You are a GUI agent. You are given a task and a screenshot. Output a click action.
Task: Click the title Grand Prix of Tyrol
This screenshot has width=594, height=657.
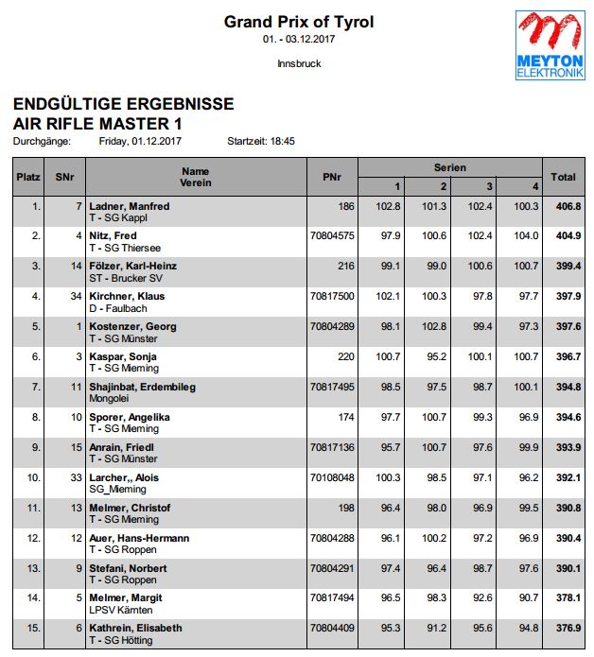[298, 22]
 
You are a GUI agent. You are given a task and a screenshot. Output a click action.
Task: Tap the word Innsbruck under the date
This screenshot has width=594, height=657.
[299, 63]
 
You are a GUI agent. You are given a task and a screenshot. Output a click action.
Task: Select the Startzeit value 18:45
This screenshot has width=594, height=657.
[282, 141]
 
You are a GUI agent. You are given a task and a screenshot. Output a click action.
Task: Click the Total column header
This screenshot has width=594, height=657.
[564, 177]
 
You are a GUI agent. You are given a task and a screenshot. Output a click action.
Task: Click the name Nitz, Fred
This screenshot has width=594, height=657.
[114, 236]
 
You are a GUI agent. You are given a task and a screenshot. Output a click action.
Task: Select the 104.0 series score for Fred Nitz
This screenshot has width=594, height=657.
[526, 236]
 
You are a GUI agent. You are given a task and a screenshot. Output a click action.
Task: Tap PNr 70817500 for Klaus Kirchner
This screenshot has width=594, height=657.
[332, 297]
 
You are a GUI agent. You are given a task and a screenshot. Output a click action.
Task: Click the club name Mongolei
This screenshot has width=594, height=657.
[111, 399]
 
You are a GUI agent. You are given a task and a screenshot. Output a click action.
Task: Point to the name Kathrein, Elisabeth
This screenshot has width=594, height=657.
[134, 629]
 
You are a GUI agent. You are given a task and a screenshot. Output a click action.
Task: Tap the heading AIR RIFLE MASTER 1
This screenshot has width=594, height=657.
[97, 124]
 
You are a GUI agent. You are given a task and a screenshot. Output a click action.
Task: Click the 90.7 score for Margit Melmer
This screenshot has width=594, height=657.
[526, 598]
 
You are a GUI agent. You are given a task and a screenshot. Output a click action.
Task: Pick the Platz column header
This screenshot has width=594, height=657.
[26, 177]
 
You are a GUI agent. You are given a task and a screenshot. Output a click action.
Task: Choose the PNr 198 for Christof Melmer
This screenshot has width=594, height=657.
[345, 508]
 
